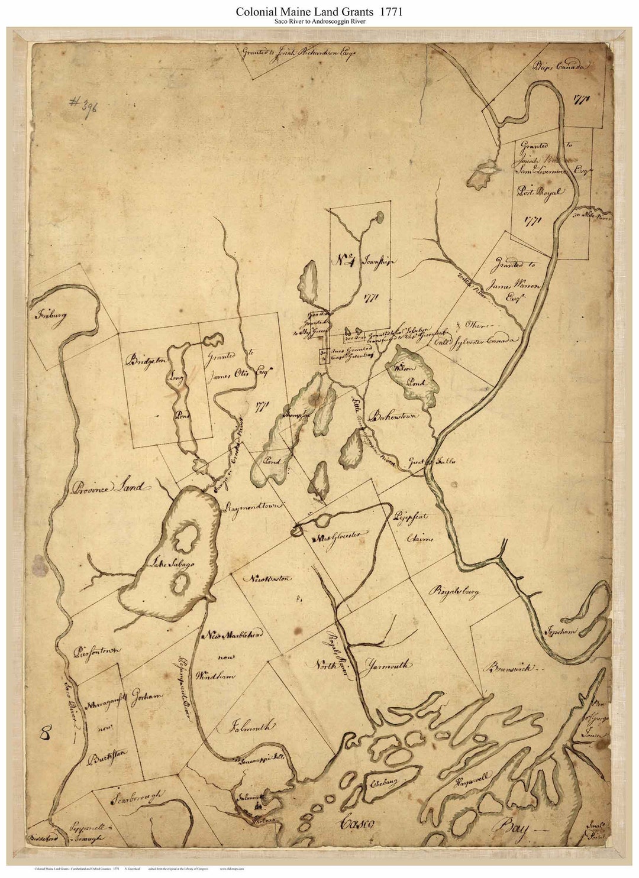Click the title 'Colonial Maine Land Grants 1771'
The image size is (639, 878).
click(x=319, y=11)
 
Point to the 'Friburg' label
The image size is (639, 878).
click(x=51, y=314)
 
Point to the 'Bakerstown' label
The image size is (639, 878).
click(x=392, y=417)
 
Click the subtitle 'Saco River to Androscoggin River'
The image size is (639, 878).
click(x=319, y=22)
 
